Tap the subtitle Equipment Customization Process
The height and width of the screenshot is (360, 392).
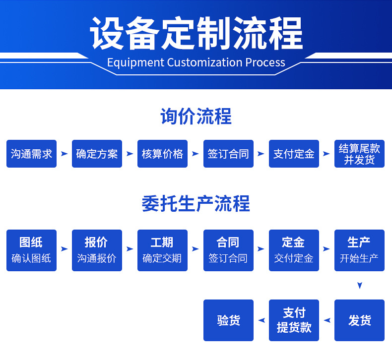coord(196,62)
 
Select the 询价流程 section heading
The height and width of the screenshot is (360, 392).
coord(196,117)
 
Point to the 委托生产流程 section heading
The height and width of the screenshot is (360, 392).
coord(196,204)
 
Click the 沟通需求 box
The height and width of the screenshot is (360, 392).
coord(31,154)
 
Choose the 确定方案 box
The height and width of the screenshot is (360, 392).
coord(97,154)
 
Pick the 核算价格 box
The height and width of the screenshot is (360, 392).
coord(162,154)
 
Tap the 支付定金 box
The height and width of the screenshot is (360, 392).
coord(294,154)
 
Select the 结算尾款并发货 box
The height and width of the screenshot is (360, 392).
coord(359,154)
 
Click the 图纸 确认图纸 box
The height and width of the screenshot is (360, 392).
coord(31,250)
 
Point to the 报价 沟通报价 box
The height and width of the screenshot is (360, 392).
coord(97,250)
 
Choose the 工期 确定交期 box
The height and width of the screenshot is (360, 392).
coord(162,250)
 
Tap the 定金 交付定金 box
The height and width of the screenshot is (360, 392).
coord(294,250)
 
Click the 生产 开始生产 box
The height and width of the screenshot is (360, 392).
coord(359,250)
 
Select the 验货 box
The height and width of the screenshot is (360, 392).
coord(228,320)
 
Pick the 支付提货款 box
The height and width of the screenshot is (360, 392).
coord(294,320)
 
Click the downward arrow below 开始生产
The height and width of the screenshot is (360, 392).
coord(360,286)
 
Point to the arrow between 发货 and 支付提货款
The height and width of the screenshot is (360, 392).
coord(327,320)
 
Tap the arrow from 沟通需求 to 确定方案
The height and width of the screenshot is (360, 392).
coord(64,154)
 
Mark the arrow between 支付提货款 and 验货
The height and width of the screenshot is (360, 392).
coord(261,320)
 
